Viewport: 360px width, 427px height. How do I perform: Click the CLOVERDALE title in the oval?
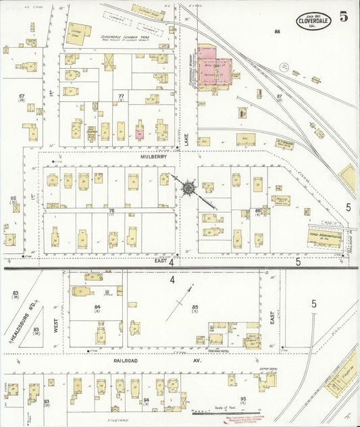(313, 21)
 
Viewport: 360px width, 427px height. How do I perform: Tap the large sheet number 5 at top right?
(344, 18)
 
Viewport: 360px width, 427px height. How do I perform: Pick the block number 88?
(277, 32)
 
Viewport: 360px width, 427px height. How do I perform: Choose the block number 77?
(121, 97)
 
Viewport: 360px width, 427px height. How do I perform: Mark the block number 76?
(111, 211)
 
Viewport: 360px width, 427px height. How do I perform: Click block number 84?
(98, 308)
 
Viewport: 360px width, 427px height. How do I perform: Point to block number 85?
(195, 307)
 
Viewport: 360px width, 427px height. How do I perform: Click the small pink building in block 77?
(138, 133)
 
